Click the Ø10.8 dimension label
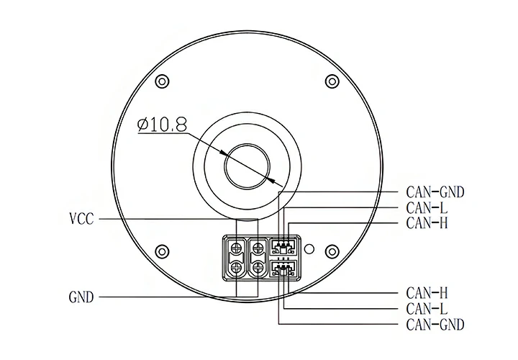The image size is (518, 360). (x=162, y=125)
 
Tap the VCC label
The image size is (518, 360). (x=81, y=219)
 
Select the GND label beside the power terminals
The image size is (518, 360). (x=81, y=297)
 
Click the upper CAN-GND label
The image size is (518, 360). (x=435, y=192)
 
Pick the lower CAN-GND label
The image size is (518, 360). (x=435, y=325)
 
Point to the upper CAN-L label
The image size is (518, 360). (x=427, y=208)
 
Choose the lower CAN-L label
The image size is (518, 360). (x=427, y=309)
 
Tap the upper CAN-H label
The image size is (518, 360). (x=427, y=223)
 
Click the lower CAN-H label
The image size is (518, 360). (x=427, y=293)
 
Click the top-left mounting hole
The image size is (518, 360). (x=162, y=81)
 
